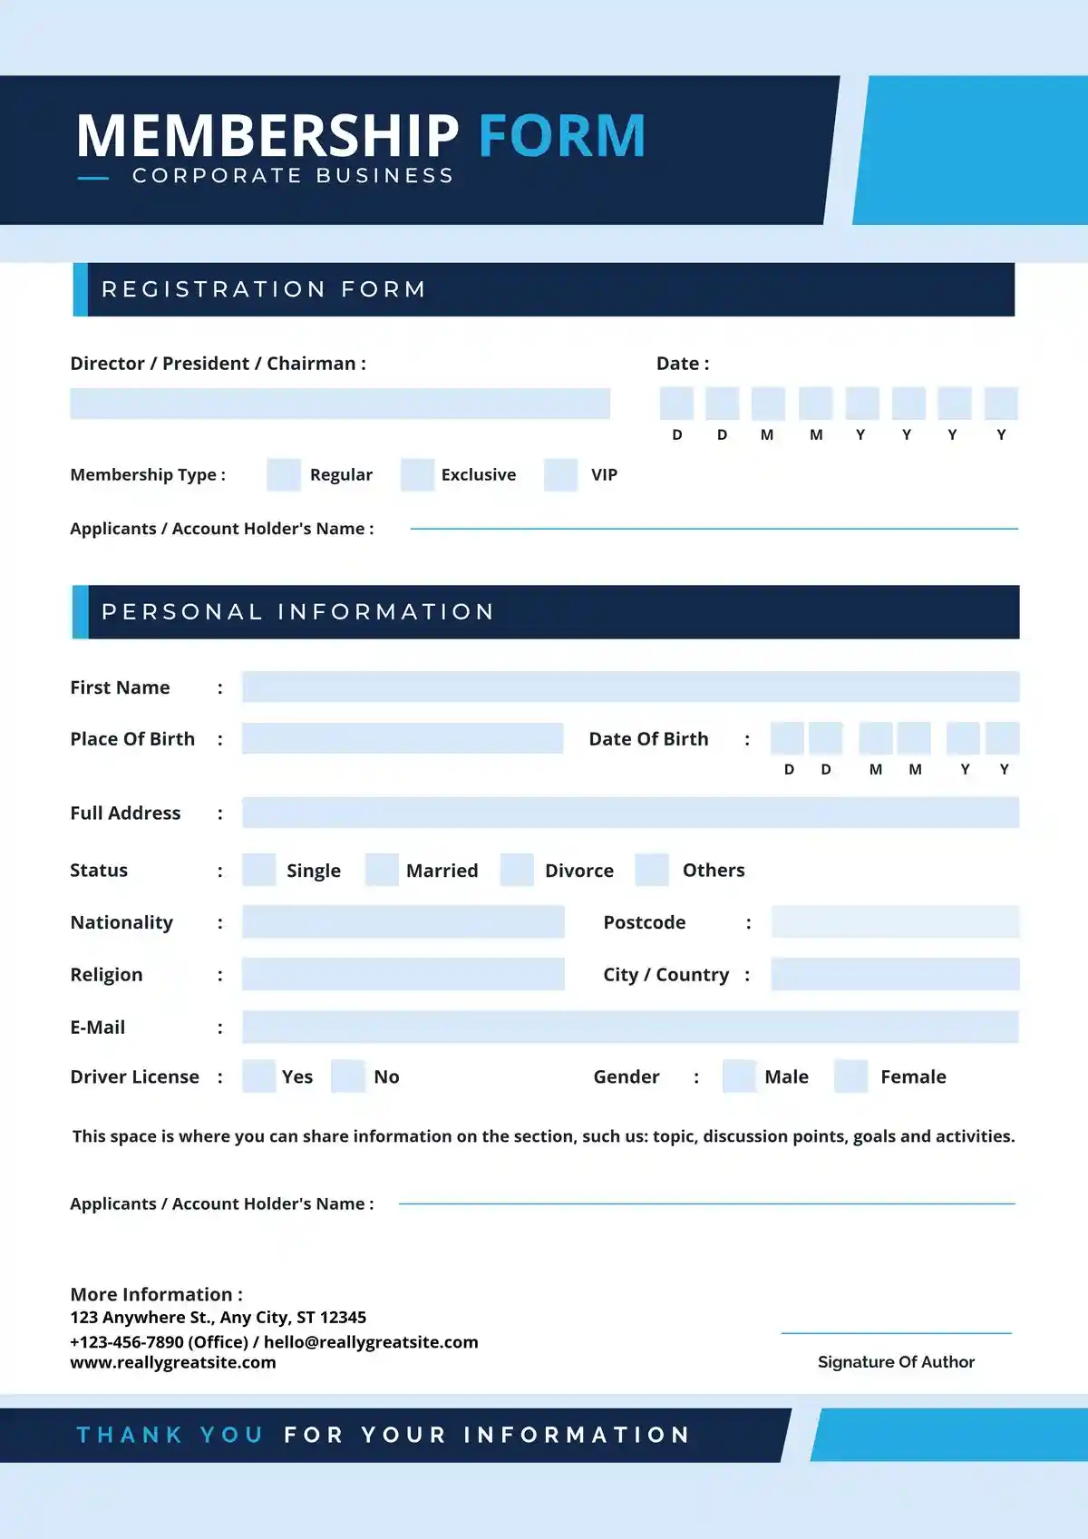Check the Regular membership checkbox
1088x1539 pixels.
[x=284, y=474]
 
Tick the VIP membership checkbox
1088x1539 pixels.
[x=560, y=474]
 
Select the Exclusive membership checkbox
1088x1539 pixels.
[x=417, y=474]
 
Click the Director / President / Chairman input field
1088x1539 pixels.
[x=340, y=404]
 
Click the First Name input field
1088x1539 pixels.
[x=630, y=687]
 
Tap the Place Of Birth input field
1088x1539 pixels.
[x=403, y=738]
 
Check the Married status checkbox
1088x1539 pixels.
[x=382, y=870]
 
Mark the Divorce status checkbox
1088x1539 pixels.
[x=517, y=870]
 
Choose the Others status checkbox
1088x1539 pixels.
[x=652, y=870]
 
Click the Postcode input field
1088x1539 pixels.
[x=895, y=921]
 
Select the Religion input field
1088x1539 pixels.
[x=403, y=974]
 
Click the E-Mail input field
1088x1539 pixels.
[x=630, y=1027]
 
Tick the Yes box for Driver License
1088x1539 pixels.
[x=259, y=1076]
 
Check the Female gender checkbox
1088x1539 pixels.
[x=850, y=1076]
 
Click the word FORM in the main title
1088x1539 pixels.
[x=561, y=136]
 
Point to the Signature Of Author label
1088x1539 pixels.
[x=896, y=1361]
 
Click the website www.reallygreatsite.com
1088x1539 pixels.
[x=173, y=1362]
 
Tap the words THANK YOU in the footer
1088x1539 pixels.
[x=170, y=1435]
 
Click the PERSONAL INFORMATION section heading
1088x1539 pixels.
[x=297, y=612]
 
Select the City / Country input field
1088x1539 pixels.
[x=895, y=974]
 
